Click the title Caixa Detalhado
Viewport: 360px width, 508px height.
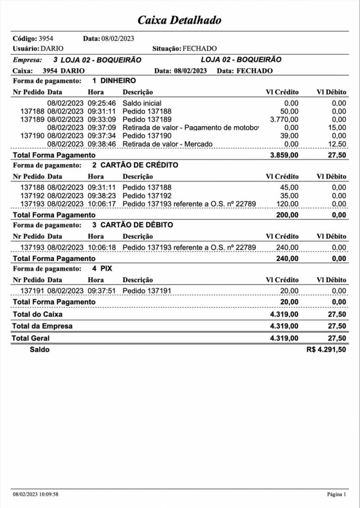tap(180, 20)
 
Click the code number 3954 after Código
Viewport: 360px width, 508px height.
tap(46, 38)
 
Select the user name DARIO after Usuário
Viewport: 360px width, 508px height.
tap(52, 49)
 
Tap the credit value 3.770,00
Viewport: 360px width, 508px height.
tap(284, 120)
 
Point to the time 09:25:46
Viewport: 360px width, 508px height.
tap(102, 103)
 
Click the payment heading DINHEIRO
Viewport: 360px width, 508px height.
tap(118, 80)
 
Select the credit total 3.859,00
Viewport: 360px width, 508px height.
tap(284, 155)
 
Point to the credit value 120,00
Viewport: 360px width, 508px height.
tap(288, 204)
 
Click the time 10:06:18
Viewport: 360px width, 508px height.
tap(102, 248)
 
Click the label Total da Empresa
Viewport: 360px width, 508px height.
tap(42, 326)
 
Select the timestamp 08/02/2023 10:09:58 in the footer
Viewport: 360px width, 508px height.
tap(36, 494)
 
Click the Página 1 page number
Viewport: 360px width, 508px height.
tap(337, 494)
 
